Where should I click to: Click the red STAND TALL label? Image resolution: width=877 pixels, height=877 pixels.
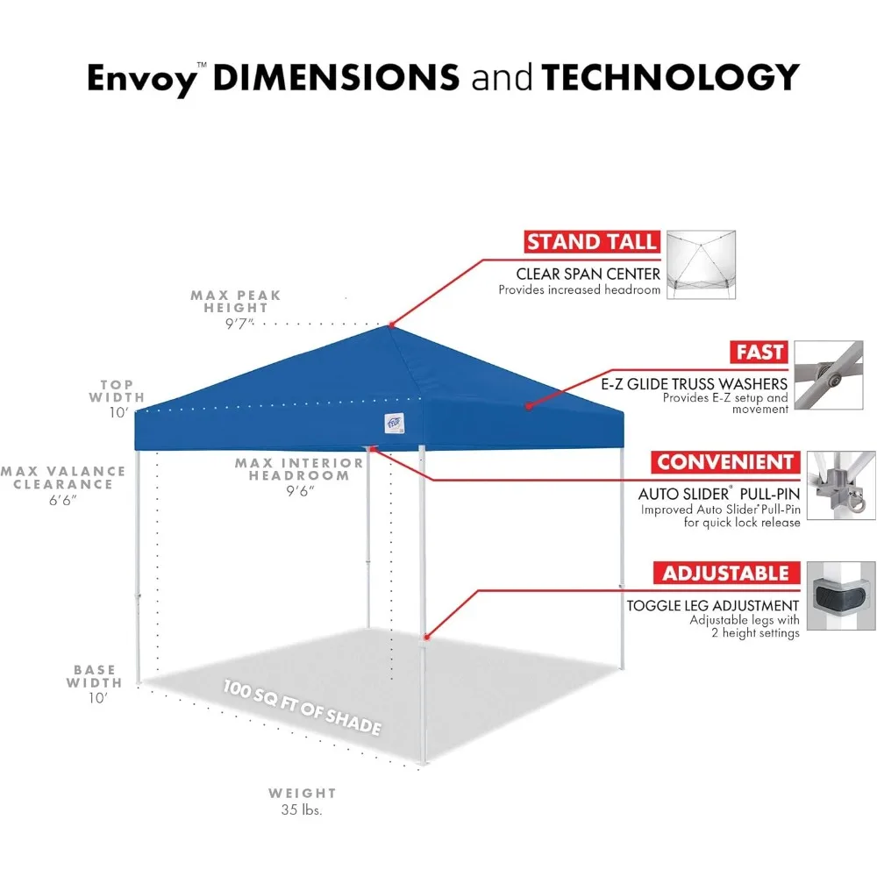592,242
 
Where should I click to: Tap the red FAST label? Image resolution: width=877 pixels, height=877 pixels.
759,353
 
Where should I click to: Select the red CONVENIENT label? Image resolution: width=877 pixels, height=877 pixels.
724,462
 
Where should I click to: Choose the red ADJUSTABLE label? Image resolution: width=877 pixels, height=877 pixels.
725,574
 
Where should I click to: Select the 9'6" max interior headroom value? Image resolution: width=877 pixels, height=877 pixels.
299,490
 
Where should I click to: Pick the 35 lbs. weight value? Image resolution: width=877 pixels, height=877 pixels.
302,810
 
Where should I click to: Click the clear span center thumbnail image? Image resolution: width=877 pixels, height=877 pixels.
701,265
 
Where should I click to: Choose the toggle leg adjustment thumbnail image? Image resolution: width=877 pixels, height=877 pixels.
840,596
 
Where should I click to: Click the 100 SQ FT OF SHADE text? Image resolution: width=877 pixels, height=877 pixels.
302,707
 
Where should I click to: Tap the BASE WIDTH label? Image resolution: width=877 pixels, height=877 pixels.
96,677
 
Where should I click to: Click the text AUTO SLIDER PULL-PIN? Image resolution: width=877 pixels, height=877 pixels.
719,495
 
